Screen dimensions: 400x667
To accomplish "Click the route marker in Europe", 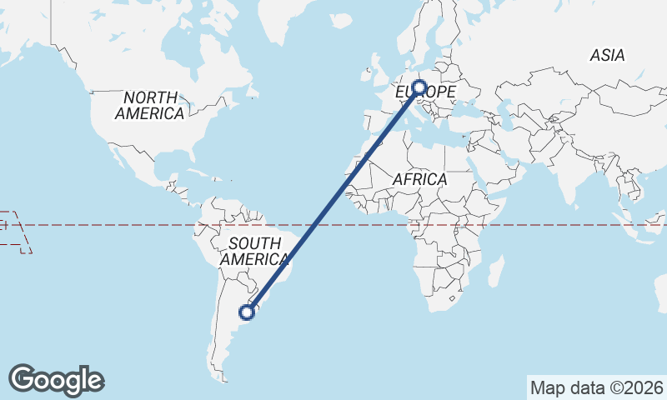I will [419, 87].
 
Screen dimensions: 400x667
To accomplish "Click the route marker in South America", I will [246, 312].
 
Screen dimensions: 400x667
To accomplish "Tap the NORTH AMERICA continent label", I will [150, 105].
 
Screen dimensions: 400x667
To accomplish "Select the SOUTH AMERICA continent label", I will [254, 251].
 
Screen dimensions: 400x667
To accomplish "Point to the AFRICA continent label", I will [419, 179].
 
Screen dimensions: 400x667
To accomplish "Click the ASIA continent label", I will [606, 56].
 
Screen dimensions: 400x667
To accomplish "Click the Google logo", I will [56, 380].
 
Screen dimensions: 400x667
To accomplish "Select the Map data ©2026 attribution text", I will [596, 387].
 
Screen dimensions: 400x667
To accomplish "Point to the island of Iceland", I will [342, 18].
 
